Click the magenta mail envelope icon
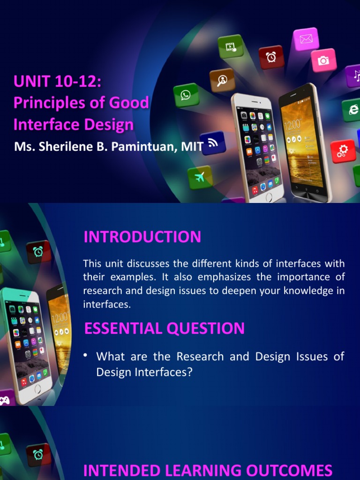click(x=306, y=39)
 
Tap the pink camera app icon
click(x=323, y=60)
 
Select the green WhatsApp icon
click(x=186, y=95)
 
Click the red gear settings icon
click(x=343, y=151)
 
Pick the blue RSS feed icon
click(x=213, y=142)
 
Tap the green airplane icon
click(x=200, y=177)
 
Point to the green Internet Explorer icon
click(x=352, y=110)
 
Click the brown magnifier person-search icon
click(x=222, y=80)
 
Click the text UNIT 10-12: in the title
click(x=57, y=81)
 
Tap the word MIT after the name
click(x=192, y=147)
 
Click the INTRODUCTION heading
click(x=142, y=237)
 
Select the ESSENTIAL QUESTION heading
click(x=164, y=328)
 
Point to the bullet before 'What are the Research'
click(x=86, y=355)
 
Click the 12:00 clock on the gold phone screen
click(x=292, y=125)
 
